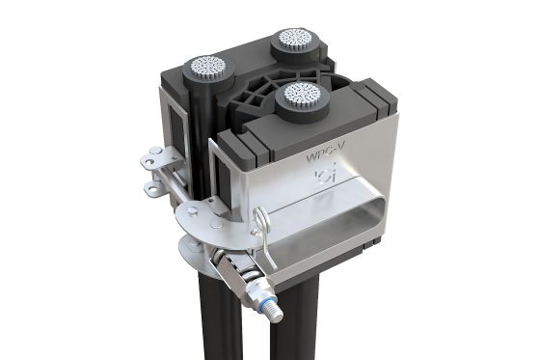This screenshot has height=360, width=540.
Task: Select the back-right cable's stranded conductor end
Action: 293,40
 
